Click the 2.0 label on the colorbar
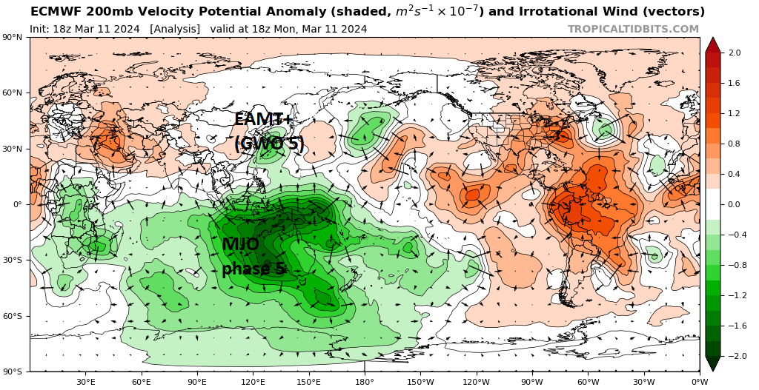pyautogui.click(x=735, y=53)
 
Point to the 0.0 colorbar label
pyautogui.click(x=735, y=204)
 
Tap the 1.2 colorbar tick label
pyautogui.click(x=735, y=113)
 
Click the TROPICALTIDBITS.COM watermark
pyautogui.click(x=633, y=29)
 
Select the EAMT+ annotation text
pyautogui.click(x=264, y=119)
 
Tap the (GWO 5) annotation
pyautogui.click(x=270, y=144)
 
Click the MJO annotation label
pyautogui.click(x=241, y=244)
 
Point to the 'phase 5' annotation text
pyautogui.click(x=253, y=269)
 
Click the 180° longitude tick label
pyautogui.click(x=365, y=382)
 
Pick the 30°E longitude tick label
pyautogui.click(x=86, y=382)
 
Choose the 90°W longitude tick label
pyautogui.click(x=532, y=382)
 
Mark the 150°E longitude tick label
pyautogui.click(x=309, y=382)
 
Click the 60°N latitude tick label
pyautogui.click(x=14, y=93)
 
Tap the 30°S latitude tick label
pyautogui.click(x=14, y=260)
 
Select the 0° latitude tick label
pyautogui.click(x=18, y=205)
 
